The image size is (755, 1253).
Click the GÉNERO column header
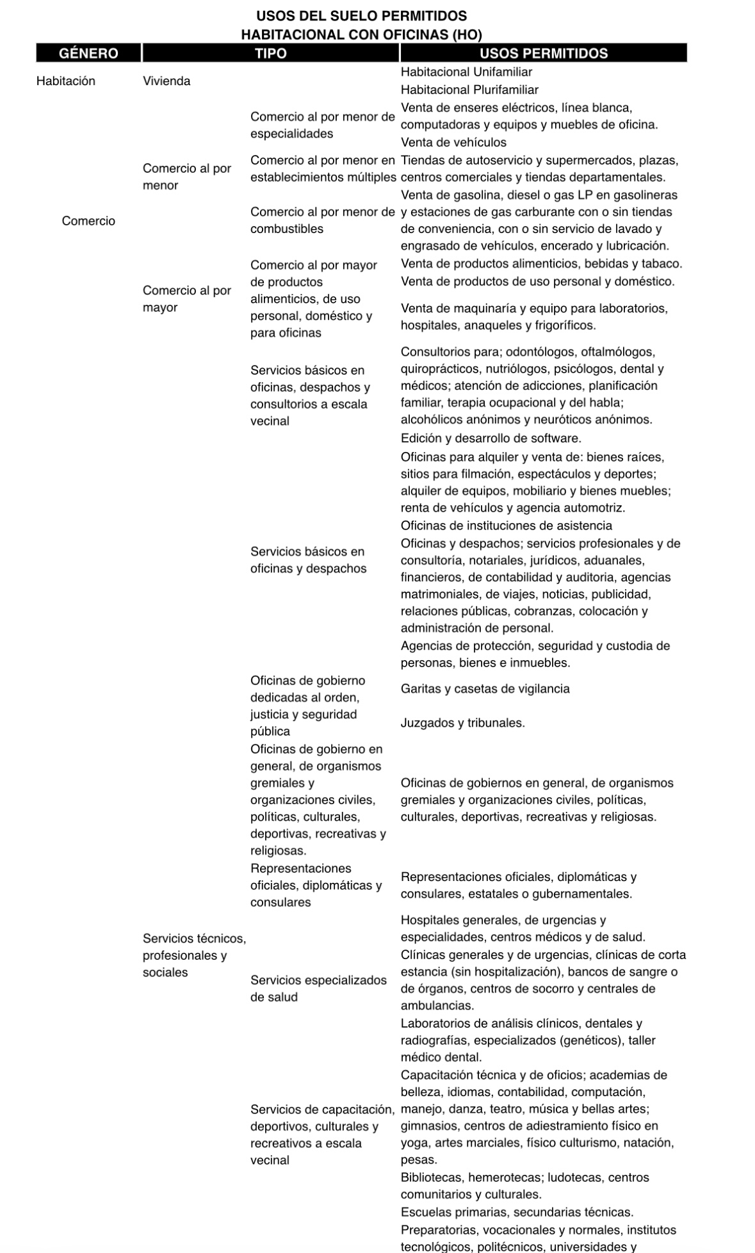tap(88, 53)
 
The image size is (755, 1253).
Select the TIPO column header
tap(271, 53)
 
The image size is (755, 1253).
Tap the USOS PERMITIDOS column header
tap(543, 53)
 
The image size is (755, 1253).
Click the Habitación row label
tap(66, 81)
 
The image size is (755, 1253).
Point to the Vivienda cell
tap(166, 81)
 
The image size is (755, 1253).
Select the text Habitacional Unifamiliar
tap(466, 72)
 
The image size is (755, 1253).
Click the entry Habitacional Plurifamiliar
tap(469, 90)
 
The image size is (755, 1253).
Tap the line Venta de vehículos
tap(453, 142)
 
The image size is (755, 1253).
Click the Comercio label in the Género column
tap(88, 221)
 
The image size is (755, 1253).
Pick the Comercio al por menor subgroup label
tap(186, 177)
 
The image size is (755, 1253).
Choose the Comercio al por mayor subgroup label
tap(186, 299)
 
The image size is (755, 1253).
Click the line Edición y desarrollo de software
tap(491, 439)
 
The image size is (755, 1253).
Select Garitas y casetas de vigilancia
tap(485, 689)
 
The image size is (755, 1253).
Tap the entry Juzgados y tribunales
tap(462, 723)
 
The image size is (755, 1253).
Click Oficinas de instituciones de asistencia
tap(506, 526)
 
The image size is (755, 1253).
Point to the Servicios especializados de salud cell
tap(318, 989)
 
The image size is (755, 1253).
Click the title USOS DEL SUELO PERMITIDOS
tap(362, 16)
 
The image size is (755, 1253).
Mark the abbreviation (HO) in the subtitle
tap(467, 35)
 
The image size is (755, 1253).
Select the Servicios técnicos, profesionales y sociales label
tap(193, 955)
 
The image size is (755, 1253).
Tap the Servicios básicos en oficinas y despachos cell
tap(308, 560)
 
